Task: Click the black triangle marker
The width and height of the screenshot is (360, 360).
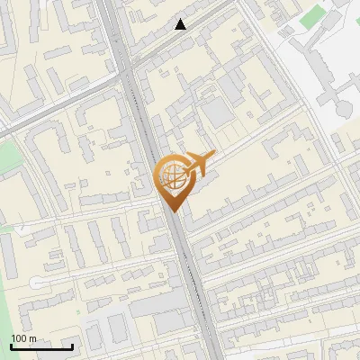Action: (x=181, y=24)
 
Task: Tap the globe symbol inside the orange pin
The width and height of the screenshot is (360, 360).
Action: (x=172, y=177)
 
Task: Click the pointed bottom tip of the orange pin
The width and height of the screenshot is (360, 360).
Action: (x=173, y=212)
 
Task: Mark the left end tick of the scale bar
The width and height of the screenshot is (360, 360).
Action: (x=11, y=346)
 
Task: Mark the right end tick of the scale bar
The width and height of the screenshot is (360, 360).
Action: (x=72, y=346)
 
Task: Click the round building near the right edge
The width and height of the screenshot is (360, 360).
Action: (x=344, y=109)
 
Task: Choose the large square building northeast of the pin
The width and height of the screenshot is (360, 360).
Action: (x=218, y=113)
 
